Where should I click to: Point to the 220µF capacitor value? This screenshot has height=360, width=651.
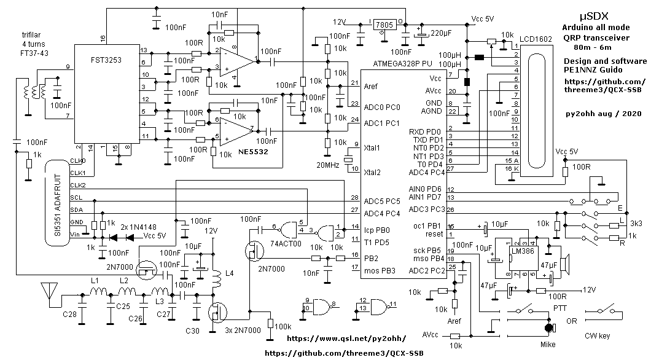tap(444, 32)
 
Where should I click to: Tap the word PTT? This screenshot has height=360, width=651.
tap(559, 307)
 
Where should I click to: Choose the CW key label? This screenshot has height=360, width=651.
tap(599, 335)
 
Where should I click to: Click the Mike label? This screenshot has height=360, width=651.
tap(548, 345)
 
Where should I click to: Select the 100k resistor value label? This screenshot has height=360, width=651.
tap(283, 326)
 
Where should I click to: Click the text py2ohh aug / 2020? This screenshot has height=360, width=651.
tap(604, 114)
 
